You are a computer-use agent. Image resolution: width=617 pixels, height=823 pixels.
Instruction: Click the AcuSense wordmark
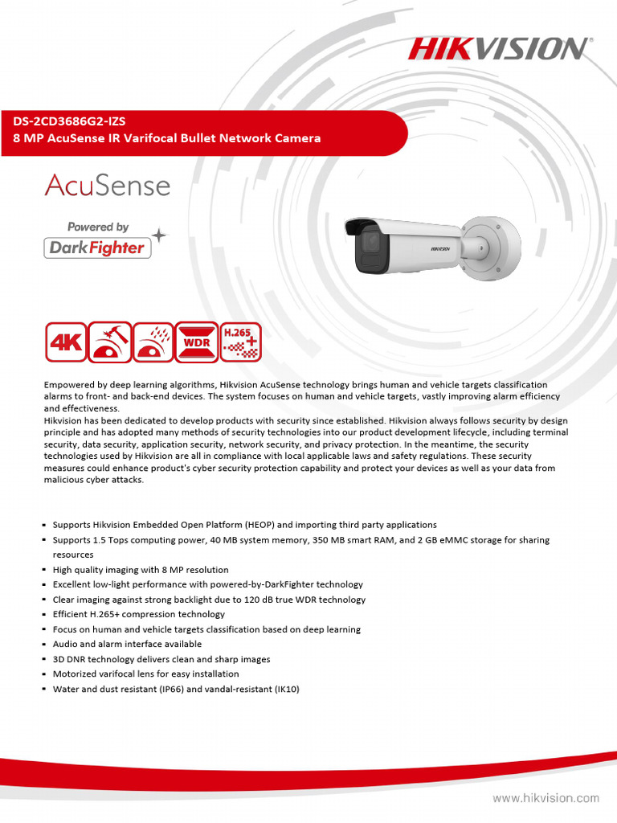107,186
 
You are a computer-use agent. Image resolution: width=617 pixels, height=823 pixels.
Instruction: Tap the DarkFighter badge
97,248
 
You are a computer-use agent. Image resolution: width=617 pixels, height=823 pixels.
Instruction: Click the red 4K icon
65,342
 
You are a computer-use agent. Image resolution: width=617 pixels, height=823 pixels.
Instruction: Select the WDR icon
196,342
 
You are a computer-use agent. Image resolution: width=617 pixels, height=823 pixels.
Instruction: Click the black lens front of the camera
367,245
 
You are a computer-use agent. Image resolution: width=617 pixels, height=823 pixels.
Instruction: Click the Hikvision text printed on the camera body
443,249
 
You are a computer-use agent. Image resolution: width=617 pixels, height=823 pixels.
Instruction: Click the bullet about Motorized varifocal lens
145,674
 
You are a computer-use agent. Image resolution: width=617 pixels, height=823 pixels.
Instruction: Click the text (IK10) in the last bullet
285,689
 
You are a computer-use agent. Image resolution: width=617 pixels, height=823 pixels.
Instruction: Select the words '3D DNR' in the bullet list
69,659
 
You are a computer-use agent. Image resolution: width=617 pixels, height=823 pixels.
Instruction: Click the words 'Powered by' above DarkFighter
97,227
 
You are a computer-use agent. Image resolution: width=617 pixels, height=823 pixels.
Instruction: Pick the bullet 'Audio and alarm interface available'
127,645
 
